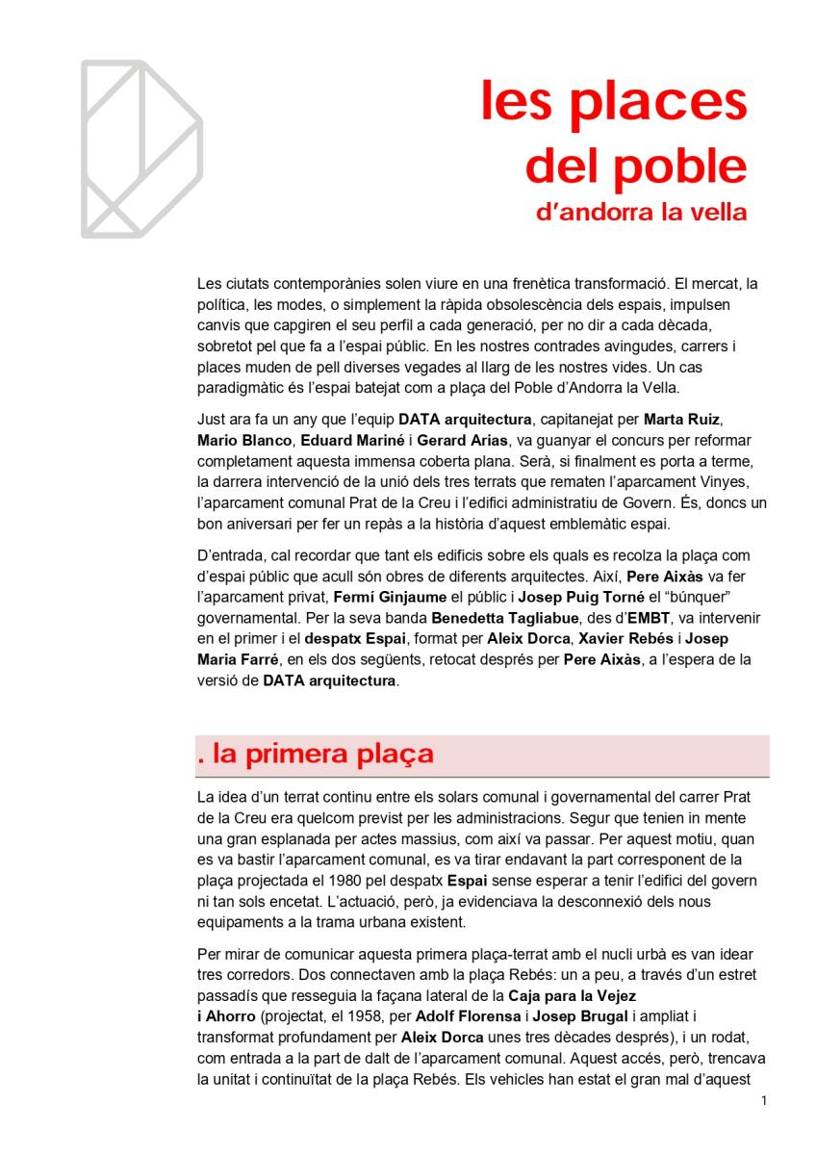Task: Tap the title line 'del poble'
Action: (635, 166)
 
